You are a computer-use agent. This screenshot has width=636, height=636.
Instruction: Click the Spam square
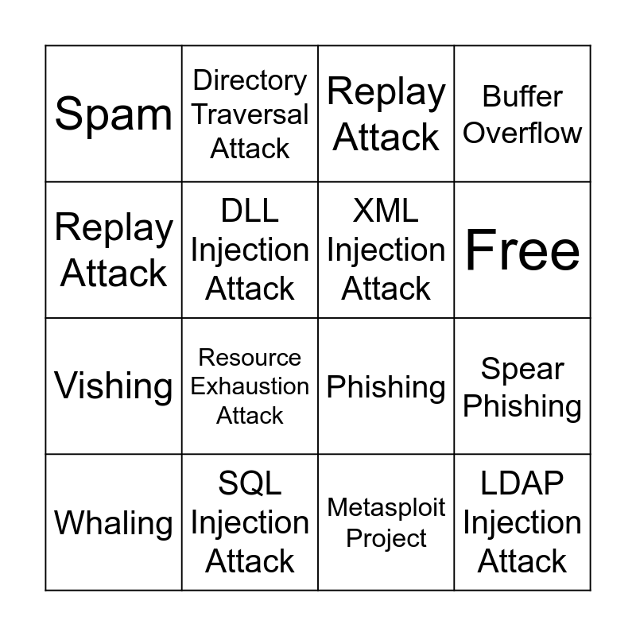click(114, 114)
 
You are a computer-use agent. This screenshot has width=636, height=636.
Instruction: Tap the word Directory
click(250, 79)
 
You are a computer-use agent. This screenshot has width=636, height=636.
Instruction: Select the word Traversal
click(250, 114)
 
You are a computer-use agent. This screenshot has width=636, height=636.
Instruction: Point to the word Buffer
click(522, 96)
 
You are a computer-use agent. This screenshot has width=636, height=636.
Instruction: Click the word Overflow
click(522, 132)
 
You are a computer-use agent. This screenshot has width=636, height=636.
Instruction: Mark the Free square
click(522, 250)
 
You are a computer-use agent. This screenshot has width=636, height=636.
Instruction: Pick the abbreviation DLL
click(250, 211)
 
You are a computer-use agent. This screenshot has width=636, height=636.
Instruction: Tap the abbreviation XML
click(386, 211)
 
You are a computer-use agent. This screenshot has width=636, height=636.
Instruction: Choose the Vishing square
click(114, 386)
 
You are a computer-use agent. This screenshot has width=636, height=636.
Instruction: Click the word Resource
click(250, 358)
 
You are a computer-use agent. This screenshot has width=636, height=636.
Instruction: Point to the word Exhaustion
click(250, 386)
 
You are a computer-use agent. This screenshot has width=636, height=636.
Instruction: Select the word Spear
click(522, 369)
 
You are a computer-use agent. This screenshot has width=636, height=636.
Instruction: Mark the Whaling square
click(114, 523)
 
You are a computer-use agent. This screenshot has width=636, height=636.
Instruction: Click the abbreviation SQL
click(250, 483)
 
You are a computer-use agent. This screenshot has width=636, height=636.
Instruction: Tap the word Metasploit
click(386, 507)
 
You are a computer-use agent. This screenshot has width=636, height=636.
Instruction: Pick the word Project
click(386, 538)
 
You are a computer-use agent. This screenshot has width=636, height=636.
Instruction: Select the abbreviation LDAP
click(522, 483)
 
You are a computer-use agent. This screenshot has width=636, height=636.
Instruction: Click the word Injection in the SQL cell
click(250, 522)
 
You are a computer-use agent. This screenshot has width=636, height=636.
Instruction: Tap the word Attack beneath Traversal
click(250, 149)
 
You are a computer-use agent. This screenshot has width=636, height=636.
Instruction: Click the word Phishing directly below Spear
click(522, 405)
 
